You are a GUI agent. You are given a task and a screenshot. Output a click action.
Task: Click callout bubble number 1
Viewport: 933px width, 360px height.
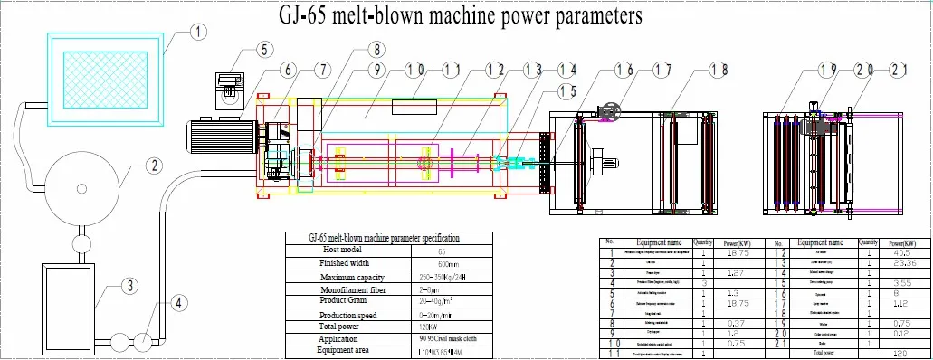(198, 31)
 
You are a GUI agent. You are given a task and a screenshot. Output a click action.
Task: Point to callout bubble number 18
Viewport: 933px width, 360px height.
(719, 70)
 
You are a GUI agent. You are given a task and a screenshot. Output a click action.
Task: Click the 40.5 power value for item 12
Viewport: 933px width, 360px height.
(901, 253)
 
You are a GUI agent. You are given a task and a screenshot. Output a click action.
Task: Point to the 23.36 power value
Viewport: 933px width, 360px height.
(901, 262)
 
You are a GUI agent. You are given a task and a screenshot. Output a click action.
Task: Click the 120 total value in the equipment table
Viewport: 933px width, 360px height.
(901, 354)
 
